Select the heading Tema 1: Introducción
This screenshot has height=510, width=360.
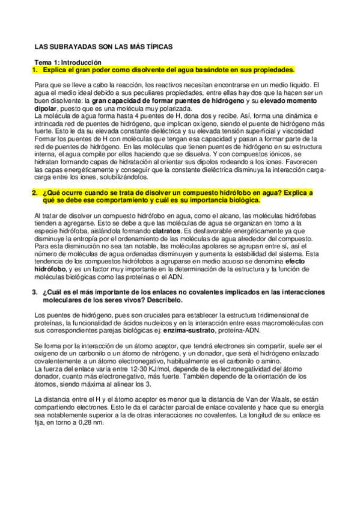coord(68,63)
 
